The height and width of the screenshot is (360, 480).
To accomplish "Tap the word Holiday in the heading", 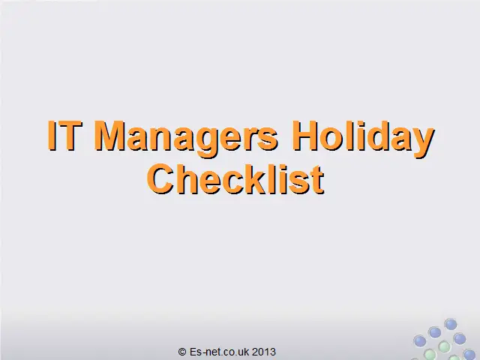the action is (363, 139).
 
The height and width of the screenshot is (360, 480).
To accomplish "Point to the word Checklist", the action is (235, 179).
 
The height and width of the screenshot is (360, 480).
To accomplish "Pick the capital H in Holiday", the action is (304, 135).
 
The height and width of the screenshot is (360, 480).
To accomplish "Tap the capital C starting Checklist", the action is (160, 179).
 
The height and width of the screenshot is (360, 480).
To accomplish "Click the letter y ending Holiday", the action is (423, 142).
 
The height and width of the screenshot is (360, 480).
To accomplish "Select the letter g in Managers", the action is (204, 142).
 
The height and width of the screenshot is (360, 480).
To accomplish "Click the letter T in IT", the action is (72, 135).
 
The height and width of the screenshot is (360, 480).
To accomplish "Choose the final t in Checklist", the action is (318, 181).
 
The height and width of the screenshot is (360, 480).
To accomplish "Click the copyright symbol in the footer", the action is (182, 352).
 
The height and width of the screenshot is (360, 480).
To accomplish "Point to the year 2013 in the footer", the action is (264, 352).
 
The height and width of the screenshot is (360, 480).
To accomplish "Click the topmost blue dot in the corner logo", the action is (450, 324).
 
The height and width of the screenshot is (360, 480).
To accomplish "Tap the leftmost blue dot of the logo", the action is (420, 341).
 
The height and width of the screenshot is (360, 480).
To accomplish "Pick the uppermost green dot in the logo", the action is (444, 347).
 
